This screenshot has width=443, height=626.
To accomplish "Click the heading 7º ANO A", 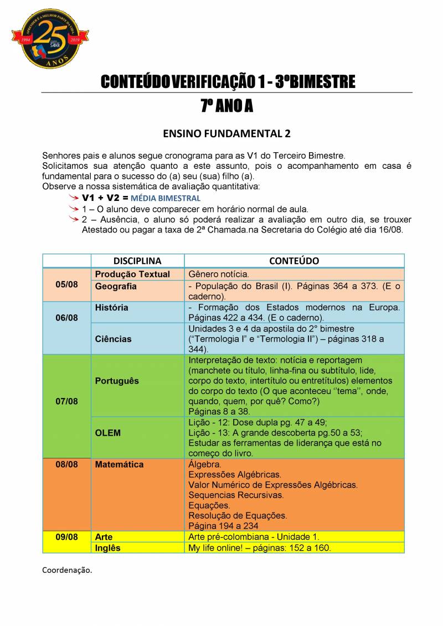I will coord(226,106).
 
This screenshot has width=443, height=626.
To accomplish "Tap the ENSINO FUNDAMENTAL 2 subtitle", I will coord(226,134).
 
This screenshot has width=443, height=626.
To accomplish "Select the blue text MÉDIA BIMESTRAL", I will coord(166,198).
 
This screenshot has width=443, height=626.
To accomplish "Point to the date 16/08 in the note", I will coord(391,229).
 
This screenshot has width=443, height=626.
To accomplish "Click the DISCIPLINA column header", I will coord(137,261).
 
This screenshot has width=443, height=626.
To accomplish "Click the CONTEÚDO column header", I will coord(294,261).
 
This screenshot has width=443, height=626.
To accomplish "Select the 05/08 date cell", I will coord(66,284).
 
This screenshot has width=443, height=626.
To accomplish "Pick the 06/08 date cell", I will coord(66,318).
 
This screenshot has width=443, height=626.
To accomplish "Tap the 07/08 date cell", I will coord(66,401).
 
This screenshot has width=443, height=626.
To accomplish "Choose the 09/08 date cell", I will coord(66,537).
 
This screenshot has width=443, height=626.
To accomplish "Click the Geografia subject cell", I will coord(116,287).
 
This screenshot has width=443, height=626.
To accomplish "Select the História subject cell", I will coord(111,308).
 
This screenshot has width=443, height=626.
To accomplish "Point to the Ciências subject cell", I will coord(113,339).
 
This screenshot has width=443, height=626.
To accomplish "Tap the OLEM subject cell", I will coord(107,433).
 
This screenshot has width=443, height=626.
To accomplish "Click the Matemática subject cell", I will coord(119,464).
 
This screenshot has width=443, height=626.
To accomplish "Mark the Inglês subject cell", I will coord(107,548).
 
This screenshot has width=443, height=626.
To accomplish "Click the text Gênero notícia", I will coord(219,274).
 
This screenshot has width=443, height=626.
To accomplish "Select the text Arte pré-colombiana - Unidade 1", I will coord(254,537).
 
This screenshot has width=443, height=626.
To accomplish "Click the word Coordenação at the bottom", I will coord(67,570).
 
